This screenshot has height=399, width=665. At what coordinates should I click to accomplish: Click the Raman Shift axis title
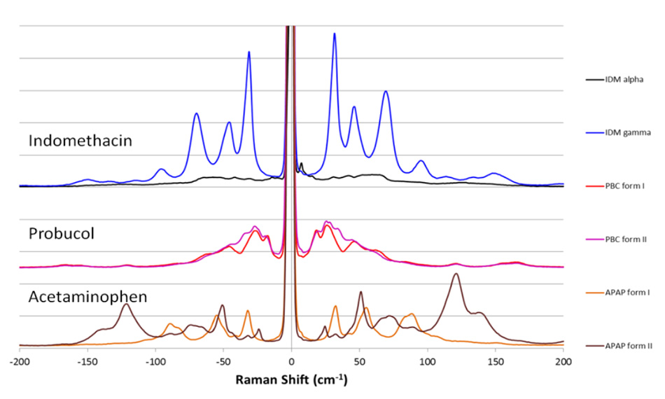point(291,381)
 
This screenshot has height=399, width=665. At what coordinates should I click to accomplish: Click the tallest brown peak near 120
point(456,274)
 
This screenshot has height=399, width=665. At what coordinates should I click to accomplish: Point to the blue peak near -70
point(197,113)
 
